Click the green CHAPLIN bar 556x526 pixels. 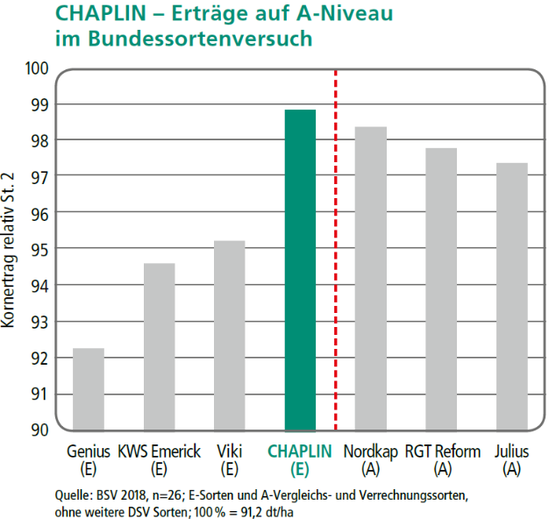[x=300, y=270]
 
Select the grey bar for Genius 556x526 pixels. [x=88, y=389]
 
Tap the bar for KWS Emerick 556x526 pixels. [x=159, y=346]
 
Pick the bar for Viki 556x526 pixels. [x=229, y=335]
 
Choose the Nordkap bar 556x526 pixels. [x=371, y=279]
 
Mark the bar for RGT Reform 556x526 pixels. [x=441, y=289]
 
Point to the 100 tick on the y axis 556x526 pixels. [x=39, y=68]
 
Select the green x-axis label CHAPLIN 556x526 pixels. [x=300, y=452]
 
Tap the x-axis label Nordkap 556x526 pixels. [x=371, y=452]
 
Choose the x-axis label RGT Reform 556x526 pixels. [x=443, y=452]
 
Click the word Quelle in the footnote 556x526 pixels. [x=73, y=495]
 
